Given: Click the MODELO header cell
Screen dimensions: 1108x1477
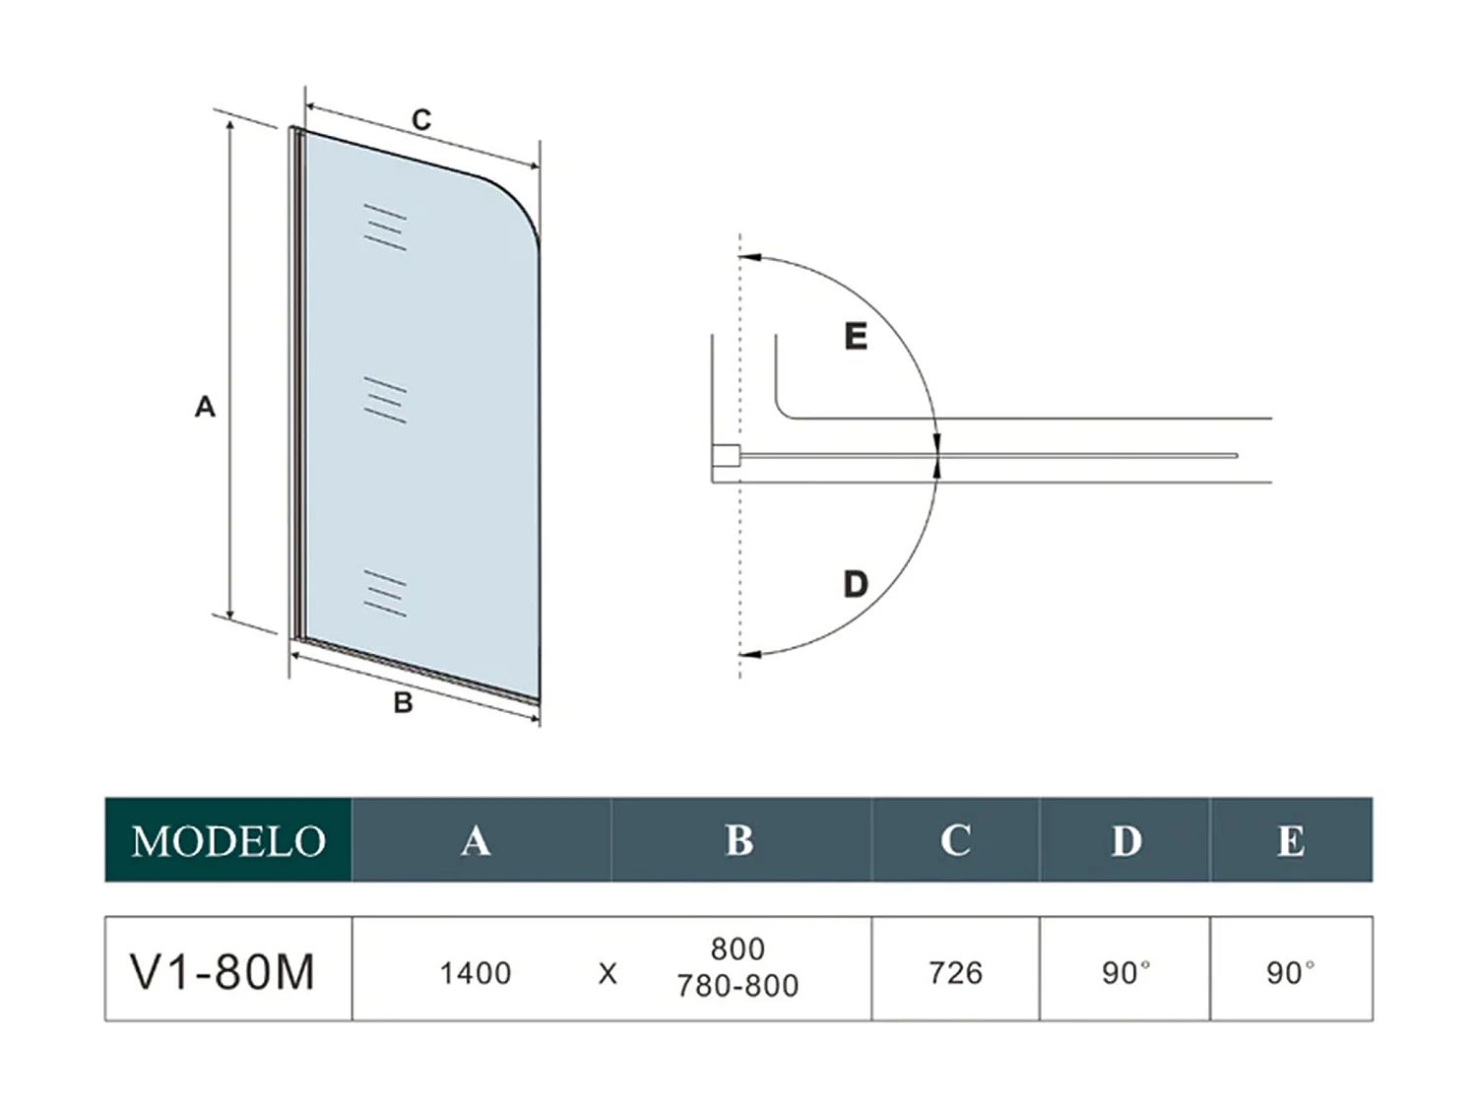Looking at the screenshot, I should [228, 840].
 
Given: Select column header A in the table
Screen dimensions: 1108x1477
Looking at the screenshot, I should [476, 840].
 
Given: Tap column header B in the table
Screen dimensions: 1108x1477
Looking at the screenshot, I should [738, 840].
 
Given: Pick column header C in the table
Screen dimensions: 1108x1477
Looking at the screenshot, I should [955, 840].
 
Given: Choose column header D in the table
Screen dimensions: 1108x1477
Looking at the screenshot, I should [1125, 840].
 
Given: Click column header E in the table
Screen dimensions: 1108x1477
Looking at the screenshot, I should [1290, 840].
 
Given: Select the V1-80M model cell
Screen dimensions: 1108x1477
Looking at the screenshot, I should [223, 971].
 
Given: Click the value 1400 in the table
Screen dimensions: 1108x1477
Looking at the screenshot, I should [476, 973].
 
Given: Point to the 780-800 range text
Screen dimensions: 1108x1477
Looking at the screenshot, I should [738, 986].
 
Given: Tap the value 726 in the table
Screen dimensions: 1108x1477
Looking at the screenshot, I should [955, 973].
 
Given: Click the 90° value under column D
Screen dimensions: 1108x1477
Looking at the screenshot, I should [1125, 973].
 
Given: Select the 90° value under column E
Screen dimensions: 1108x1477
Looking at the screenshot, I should [1290, 973].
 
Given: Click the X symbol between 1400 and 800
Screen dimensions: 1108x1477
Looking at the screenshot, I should [608, 974].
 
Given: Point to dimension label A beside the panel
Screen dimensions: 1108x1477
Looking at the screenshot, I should [205, 406].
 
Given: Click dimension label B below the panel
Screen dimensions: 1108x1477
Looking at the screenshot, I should [403, 703].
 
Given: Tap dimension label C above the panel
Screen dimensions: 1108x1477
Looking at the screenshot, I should [421, 120].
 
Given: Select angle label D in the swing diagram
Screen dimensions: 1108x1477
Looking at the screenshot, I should [856, 584].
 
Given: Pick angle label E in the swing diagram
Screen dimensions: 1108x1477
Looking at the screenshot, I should [856, 337].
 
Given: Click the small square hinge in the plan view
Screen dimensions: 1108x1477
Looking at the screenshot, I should [726, 455].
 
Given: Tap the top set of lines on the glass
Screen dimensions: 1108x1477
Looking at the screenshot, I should [384, 228].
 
